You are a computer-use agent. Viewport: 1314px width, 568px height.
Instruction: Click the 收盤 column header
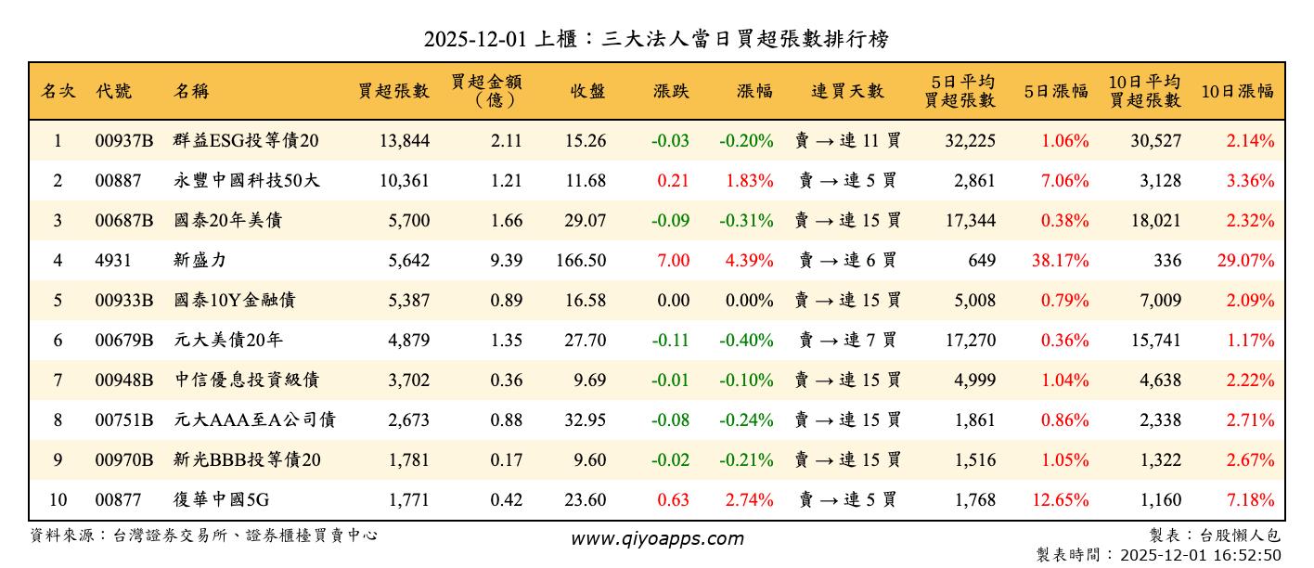pos(587,91)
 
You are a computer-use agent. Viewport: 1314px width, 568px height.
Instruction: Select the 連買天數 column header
pos(847,91)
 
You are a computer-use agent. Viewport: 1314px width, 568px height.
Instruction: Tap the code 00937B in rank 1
pos(123,141)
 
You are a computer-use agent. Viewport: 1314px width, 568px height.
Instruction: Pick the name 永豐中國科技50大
pos(246,181)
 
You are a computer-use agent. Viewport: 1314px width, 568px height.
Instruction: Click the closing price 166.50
pos(582,261)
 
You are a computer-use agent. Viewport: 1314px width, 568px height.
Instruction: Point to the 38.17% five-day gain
pos(1060,261)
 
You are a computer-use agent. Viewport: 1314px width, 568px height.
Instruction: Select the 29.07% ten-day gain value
pos(1245,261)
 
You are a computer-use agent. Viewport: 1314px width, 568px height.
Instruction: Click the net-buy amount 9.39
pos(506,261)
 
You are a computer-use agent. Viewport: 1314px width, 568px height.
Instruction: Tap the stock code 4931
pos(111,261)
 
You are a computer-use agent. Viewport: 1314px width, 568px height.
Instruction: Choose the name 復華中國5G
pos(221,500)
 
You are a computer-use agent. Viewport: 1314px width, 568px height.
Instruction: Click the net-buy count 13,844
pos(405,141)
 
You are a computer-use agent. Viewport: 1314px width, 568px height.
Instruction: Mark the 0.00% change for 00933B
pos(748,301)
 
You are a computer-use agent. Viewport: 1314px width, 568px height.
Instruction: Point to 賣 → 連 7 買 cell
pos(847,341)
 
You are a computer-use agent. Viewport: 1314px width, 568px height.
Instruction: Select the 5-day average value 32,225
pos(969,141)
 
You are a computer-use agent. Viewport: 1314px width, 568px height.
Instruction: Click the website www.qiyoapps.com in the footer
pos(656,539)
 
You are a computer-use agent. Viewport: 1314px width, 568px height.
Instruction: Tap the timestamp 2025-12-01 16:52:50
pos(1200,555)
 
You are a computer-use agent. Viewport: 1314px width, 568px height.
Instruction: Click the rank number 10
pos(58,500)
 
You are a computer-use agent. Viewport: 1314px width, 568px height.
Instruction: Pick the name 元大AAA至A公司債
pos(253,420)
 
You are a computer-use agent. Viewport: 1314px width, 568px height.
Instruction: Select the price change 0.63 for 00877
pos(673,500)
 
